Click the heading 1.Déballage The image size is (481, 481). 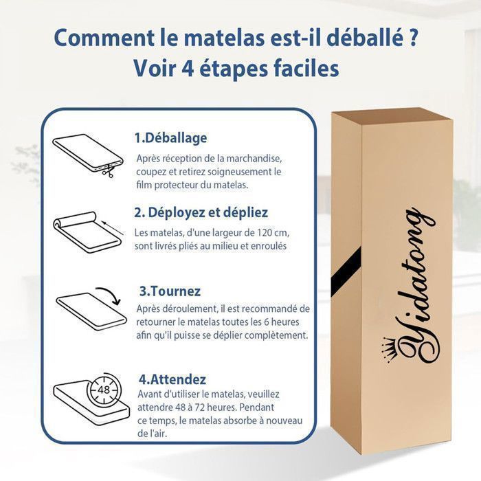click(x=170, y=138)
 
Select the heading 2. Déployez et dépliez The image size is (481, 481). click(x=201, y=212)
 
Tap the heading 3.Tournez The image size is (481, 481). click(x=170, y=291)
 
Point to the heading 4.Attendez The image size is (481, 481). click(x=172, y=379)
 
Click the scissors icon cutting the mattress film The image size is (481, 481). click(x=109, y=171)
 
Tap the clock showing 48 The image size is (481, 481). click(x=104, y=390)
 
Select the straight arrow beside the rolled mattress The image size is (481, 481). click(x=112, y=227)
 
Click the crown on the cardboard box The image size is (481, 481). click(x=388, y=349)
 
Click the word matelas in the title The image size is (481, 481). click(x=218, y=38)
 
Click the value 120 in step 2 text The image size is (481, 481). click(x=263, y=233)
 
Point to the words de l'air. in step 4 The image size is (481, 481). click(x=152, y=434)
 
